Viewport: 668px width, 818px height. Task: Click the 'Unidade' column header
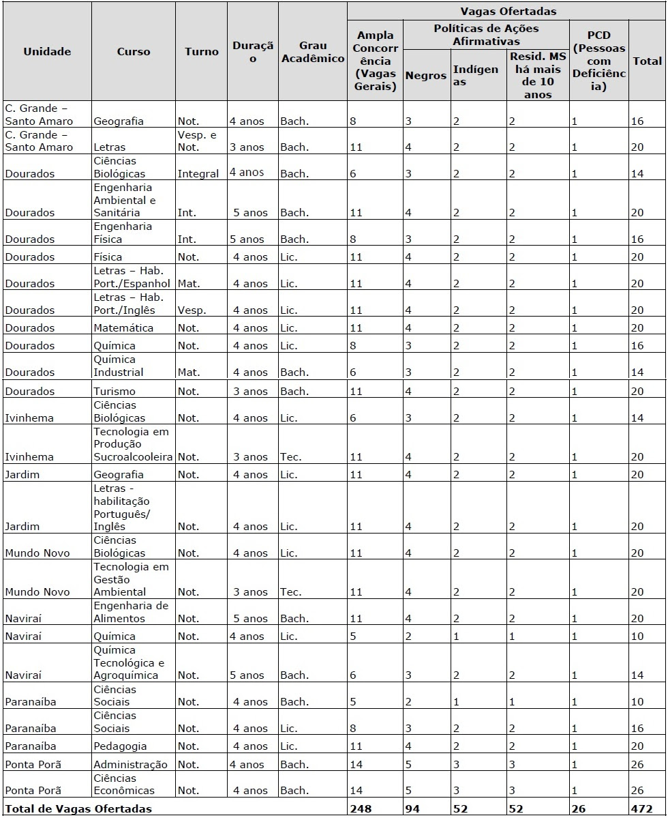47,51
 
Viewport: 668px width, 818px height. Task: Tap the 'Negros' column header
425,76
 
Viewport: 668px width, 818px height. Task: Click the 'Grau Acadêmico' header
312,52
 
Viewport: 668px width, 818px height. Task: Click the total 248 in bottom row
360,808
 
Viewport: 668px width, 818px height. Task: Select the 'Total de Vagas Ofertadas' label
78,808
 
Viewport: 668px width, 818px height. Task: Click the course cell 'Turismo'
114,391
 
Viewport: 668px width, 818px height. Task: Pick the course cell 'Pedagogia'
120,746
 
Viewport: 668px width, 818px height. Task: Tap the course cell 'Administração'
130,764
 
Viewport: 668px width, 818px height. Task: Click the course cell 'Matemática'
123,327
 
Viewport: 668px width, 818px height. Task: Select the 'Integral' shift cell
198,173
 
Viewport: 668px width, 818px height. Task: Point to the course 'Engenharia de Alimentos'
130,612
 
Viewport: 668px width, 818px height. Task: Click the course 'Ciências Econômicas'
124,784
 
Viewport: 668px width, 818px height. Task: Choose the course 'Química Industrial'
119,366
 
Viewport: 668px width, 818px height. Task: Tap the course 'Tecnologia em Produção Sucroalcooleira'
132,444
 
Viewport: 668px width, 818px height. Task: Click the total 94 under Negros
414,808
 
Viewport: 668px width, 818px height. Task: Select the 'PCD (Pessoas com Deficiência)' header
598,61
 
